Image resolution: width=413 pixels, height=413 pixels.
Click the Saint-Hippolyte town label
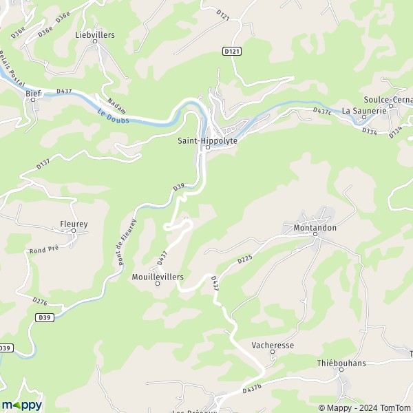207,140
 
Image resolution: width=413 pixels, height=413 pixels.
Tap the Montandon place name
315,226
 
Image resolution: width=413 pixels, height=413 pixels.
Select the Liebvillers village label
95,34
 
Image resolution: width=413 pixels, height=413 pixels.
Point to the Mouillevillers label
157,276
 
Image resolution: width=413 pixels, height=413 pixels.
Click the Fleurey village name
73,224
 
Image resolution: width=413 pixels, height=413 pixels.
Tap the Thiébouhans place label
341,362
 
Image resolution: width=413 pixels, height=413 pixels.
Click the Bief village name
33,92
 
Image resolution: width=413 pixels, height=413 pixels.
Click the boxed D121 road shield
232,51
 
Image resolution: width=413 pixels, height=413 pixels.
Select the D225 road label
246,260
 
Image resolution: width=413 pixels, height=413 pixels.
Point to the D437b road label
253,390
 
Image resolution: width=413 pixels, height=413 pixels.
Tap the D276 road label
41,301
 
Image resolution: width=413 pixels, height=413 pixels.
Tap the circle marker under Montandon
315,235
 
